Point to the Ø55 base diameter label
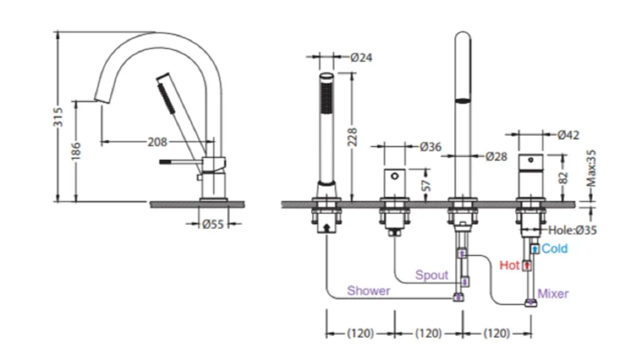click(x=213, y=224)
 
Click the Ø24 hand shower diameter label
click(x=361, y=57)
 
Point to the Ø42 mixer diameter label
click(x=568, y=135)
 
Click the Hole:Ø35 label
click(x=572, y=230)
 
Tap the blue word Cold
click(x=555, y=249)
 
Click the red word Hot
click(x=509, y=265)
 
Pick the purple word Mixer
click(x=553, y=294)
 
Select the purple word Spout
click(x=432, y=275)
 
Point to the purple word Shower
click(x=369, y=291)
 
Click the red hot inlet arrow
click(x=527, y=266)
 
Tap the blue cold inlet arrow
click(x=535, y=249)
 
